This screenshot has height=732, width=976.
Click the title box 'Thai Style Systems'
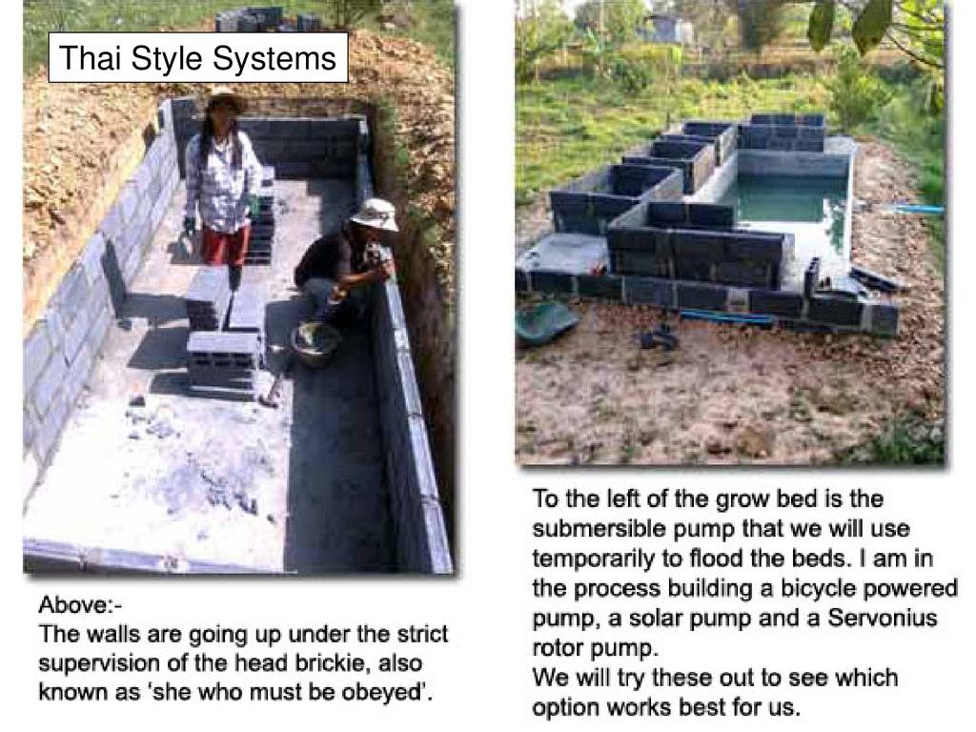(x=198, y=57)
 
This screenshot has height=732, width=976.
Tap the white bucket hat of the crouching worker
(x=375, y=213)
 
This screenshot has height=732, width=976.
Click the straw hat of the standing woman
(x=225, y=98)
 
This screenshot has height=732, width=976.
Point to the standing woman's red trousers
(x=226, y=245)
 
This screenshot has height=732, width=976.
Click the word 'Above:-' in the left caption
(x=81, y=604)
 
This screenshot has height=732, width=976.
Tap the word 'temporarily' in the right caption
(x=593, y=559)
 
